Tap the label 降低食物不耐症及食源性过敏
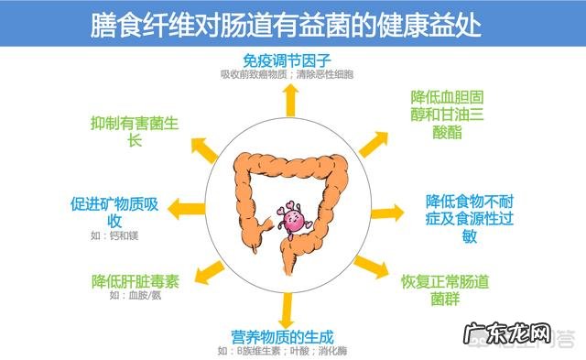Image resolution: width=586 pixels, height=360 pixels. [x=469, y=218]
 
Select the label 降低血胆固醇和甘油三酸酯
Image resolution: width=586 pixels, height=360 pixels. [x=449, y=114]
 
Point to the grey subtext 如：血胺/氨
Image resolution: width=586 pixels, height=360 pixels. [x=134, y=296]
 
